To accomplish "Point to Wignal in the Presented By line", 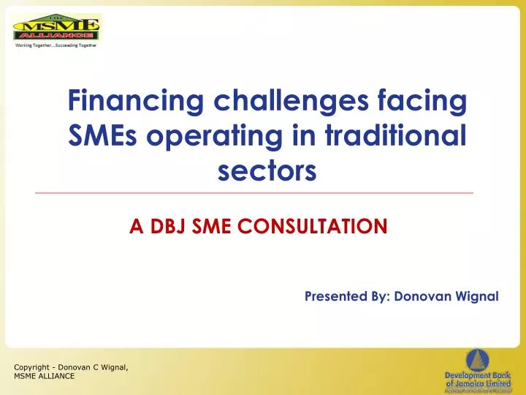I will [474, 296].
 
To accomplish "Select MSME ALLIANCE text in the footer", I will [44, 376].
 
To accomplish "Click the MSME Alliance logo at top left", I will [56, 27].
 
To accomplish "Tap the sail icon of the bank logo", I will [479, 359].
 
